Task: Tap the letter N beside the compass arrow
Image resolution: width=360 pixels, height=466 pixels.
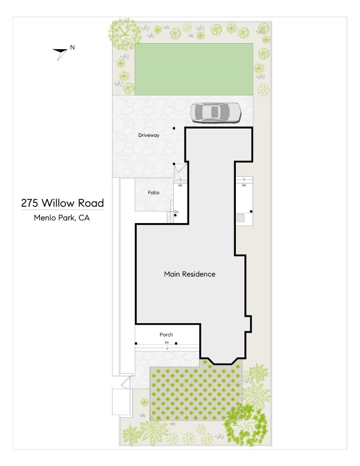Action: [x=72, y=47]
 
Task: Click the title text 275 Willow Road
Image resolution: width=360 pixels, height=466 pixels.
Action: [x=63, y=203]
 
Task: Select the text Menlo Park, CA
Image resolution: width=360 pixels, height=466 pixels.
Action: [x=62, y=218]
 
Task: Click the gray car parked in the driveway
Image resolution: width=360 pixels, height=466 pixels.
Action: [x=216, y=112]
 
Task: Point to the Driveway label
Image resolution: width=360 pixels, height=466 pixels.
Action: [x=149, y=135]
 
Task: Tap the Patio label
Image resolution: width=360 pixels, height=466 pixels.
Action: [x=153, y=192]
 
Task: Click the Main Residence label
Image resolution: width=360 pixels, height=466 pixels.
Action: [x=189, y=274]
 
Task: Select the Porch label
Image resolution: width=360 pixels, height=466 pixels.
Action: [x=166, y=334]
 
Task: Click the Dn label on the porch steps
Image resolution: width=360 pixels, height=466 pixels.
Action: [x=167, y=343]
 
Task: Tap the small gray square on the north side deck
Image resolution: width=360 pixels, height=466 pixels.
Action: [x=241, y=218]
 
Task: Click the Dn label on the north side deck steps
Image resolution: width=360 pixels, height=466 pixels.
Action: [x=244, y=185]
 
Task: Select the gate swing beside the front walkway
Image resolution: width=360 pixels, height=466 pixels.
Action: [x=126, y=381]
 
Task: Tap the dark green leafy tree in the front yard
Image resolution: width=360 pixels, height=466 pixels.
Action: [x=246, y=425]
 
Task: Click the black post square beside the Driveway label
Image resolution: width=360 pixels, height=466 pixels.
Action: [x=174, y=128]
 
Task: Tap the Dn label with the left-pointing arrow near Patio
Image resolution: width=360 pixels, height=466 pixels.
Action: [x=176, y=212]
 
